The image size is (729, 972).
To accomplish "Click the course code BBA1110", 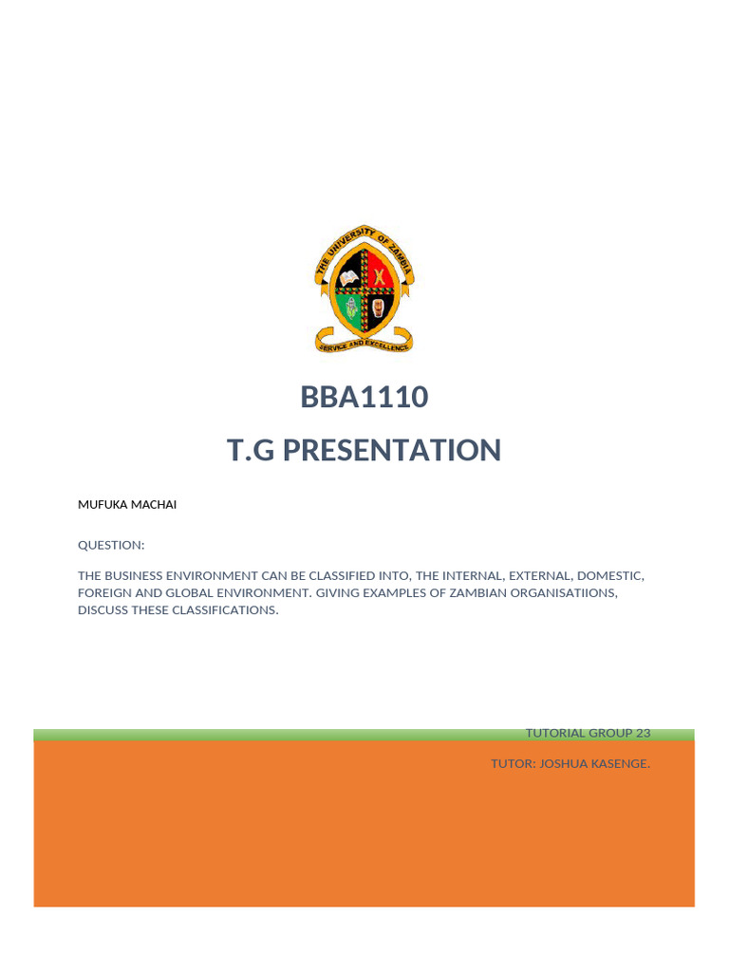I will pyautogui.click(x=364, y=398).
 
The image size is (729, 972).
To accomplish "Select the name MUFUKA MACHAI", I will pyautogui.click(x=126, y=505).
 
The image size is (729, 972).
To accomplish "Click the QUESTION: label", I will pyautogui.click(x=111, y=545).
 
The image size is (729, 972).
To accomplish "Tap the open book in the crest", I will pyautogui.click(x=347, y=277).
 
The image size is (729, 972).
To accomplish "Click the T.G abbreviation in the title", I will pyautogui.click(x=250, y=450).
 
